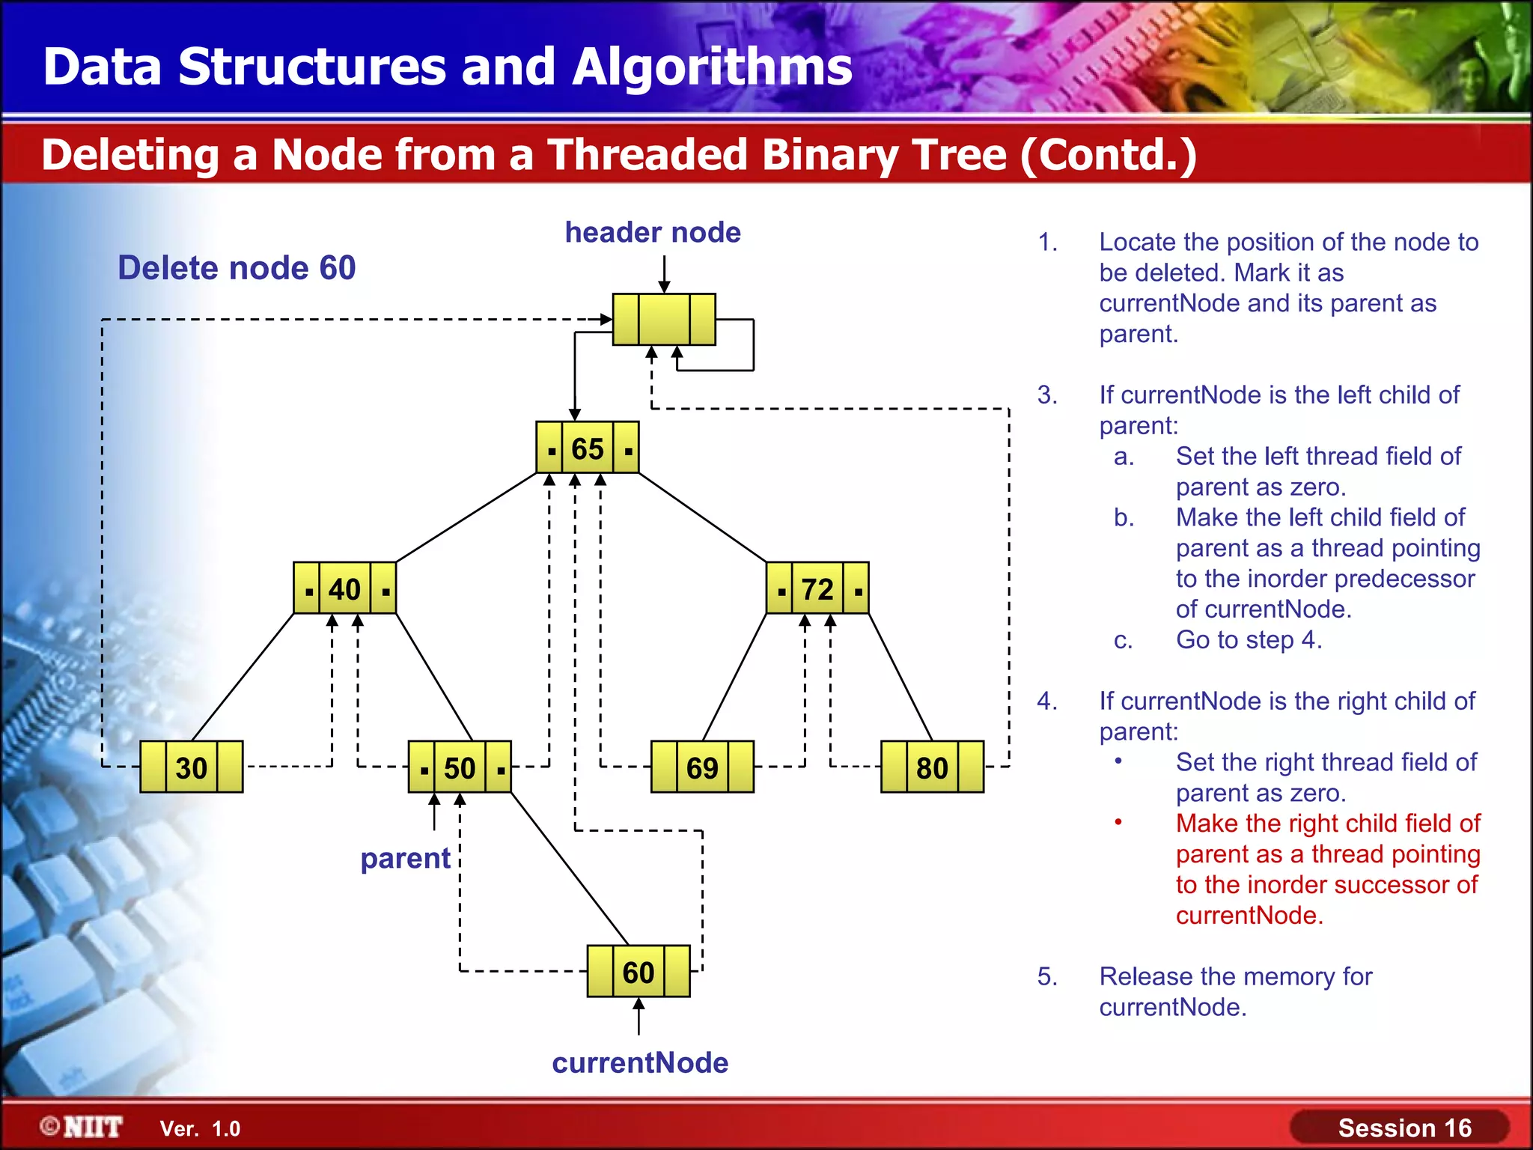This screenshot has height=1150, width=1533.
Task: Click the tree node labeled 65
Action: point(588,448)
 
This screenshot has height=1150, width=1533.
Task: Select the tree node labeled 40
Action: point(344,588)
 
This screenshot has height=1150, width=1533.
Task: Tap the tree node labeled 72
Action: point(817,588)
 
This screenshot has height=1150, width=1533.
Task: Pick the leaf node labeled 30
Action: point(192,767)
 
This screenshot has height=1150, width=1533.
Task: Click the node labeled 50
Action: point(460,767)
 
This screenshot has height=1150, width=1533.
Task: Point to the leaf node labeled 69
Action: point(702,767)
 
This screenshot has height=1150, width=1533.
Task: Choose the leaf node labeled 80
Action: point(932,767)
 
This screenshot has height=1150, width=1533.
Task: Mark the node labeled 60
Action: point(639,972)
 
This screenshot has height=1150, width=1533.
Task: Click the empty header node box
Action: point(664,320)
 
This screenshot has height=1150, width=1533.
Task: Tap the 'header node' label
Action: point(653,233)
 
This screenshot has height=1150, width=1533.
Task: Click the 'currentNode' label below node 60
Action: point(640,1063)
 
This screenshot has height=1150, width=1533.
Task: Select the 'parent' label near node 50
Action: point(405,858)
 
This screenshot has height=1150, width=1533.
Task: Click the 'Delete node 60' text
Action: point(237,268)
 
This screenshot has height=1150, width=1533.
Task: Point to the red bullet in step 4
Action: point(1118,823)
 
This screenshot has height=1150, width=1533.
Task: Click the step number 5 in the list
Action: point(1046,977)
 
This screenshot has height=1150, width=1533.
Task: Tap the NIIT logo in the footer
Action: point(83,1127)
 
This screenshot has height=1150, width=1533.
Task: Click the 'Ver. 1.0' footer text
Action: point(200,1128)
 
